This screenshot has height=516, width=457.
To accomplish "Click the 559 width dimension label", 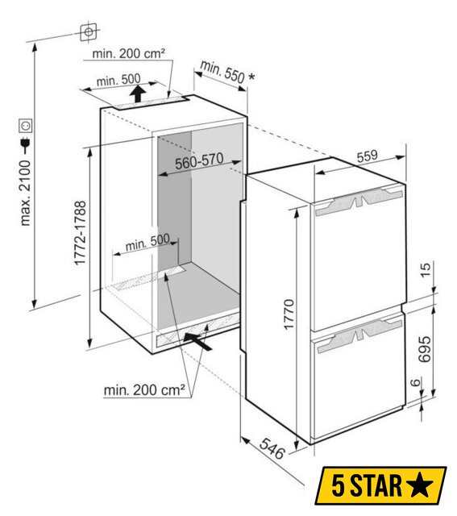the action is [368, 156].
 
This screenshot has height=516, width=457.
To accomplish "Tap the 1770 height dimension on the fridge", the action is [289, 314].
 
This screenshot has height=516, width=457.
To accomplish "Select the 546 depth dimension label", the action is [272, 448].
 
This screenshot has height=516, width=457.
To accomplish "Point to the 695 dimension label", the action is [425, 349].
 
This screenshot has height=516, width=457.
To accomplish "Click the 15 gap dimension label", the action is [425, 270].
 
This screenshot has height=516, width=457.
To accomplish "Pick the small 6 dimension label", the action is [416, 382].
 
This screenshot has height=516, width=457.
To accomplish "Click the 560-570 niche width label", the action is [199, 161].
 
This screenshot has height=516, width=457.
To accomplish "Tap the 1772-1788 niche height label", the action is [80, 233].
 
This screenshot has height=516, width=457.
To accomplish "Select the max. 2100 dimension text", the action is [25, 193].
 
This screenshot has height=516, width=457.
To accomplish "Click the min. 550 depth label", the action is [222, 73].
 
